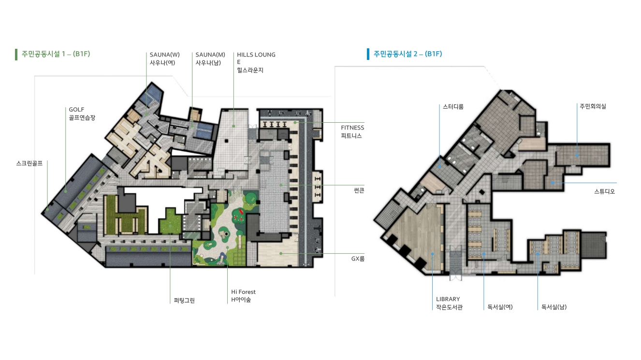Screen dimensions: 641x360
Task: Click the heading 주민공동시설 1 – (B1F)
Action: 56,54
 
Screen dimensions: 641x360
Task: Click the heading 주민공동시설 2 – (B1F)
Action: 408,54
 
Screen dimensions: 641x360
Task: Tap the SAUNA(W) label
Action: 164,58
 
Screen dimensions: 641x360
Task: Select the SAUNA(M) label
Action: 210,58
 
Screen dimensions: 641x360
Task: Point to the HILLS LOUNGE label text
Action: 256,62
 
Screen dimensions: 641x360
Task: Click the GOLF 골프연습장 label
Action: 82,114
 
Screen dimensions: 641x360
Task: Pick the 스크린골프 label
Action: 29,163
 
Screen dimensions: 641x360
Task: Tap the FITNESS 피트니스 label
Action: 352,131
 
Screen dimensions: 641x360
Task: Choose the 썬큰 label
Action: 359,190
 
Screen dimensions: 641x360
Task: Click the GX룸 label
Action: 358,259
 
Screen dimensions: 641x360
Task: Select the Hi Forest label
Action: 243,296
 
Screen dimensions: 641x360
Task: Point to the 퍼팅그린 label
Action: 184,301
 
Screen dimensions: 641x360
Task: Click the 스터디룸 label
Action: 453,107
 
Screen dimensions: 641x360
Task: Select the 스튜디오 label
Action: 604,191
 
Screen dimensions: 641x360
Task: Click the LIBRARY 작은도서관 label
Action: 449,303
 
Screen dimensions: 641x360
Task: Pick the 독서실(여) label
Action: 500,307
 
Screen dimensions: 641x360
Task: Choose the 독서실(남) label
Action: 554,307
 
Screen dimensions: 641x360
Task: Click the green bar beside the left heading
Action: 16,54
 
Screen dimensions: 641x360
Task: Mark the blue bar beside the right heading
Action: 368,54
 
